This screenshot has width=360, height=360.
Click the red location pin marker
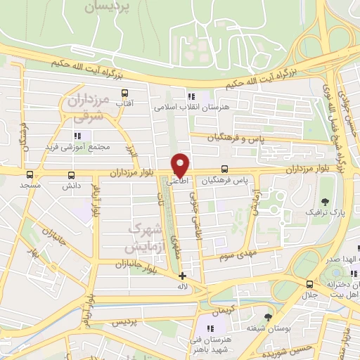[x=181, y=165]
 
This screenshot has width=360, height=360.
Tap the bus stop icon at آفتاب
[x=124, y=93]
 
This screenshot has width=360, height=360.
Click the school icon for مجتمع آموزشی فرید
[x=77, y=135]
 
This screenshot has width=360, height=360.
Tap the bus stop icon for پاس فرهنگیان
[x=224, y=169]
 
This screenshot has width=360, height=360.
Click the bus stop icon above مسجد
[x=30, y=174]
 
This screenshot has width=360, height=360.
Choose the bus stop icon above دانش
[x=70, y=175]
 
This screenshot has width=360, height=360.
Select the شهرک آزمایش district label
[x=147, y=238]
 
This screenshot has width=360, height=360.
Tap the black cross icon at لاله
[x=183, y=276]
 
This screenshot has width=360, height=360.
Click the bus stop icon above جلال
[x=310, y=283]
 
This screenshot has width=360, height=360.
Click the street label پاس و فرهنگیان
[x=238, y=139]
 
